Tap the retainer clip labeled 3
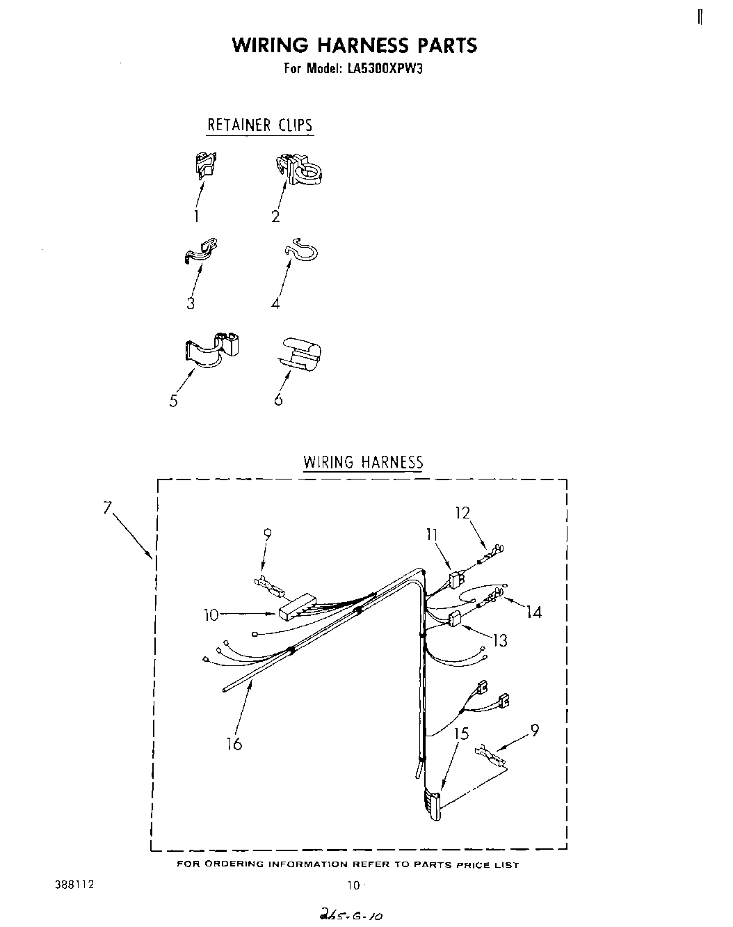click(201, 251)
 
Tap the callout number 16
click(234, 744)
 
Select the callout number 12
click(462, 513)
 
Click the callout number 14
click(533, 612)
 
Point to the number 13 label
click(500, 640)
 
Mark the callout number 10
click(211, 615)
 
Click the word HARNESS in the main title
click(363, 45)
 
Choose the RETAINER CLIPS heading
click(260, 125)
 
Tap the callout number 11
click(432, 534)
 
